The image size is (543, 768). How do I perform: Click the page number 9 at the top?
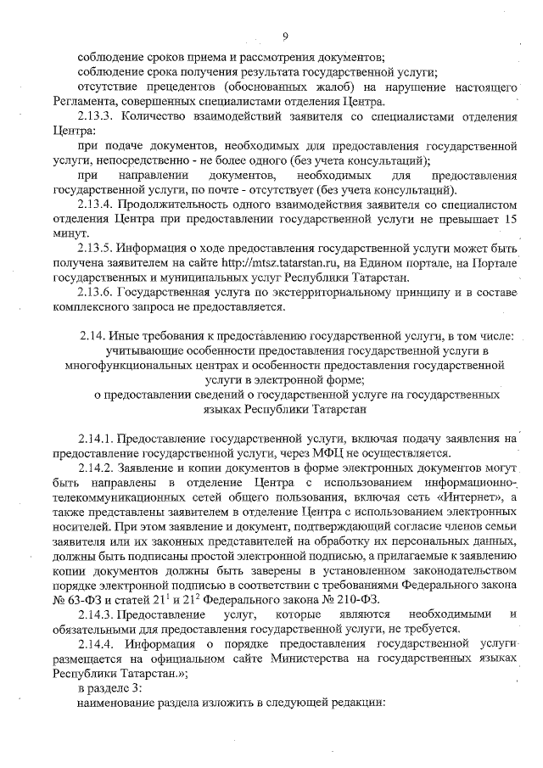[285, 36]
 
